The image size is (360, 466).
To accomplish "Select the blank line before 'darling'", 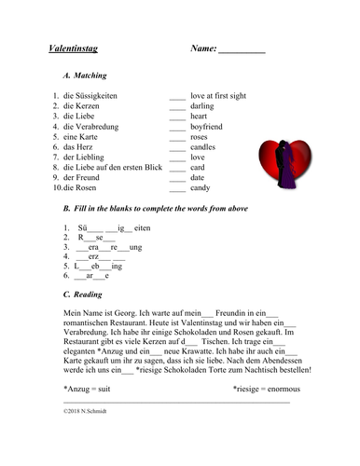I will [178, 110].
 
